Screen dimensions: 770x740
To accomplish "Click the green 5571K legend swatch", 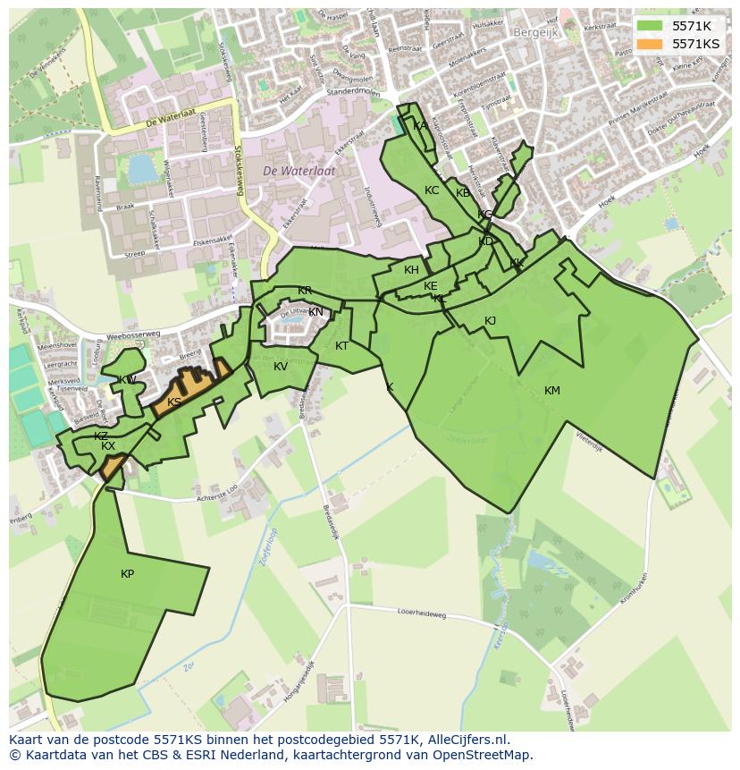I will pyautogui.click(x=650, y=26).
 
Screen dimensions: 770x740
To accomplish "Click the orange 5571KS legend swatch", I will pyautogui.click(x=650, y=43).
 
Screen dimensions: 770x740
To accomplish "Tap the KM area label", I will pyautogui.click(x=552, y=390).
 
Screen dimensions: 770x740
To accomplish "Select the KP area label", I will pyautogui.click(x=127, y=573).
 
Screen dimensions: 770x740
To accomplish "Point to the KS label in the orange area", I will pyautogui.click(x=174, y=402).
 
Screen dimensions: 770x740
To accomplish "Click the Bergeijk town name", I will pyautogui.click(x=535, y=31).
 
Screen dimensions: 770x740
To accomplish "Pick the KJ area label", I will pyautogui.click(x=490, y=321).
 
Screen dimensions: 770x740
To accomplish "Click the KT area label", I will pyautogui.click(x=341, y=346).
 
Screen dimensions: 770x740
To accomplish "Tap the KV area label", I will pyautogui.click(x=281, y=367).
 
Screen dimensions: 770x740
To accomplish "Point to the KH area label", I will pyautogui.click(x=411, y=270).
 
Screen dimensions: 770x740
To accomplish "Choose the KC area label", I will pyautogui.click(x=432, y=190).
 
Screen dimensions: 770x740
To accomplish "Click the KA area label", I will pyautogui.click(x=419, y=126).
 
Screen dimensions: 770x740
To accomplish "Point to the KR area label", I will pyautogui.click(x=305, y=291).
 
